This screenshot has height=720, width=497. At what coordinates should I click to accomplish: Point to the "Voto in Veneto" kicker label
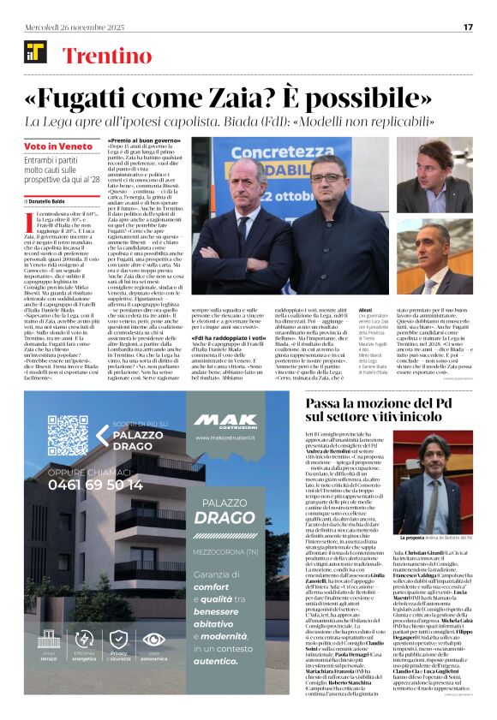click(x=52, y=146)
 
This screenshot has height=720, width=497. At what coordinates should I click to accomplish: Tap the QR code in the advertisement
click(x=67, y=435)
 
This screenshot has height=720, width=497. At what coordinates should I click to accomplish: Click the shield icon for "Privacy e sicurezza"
click(x=119, y=662)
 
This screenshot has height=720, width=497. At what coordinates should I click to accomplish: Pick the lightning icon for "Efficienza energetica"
click(x=84, y=662)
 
